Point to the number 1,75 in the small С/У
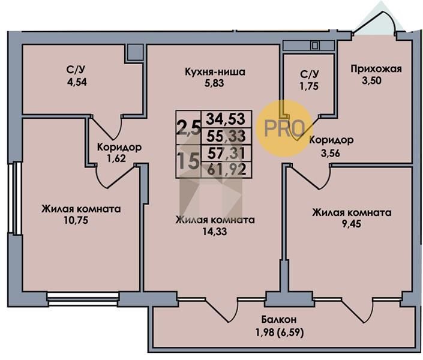[x=309, y=85]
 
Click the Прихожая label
[x=376, y=68]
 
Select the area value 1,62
[x=119, y=158]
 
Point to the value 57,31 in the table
[x=227, y=153]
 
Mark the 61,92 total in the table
[x=227, y=169]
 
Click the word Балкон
[x=280, y=319]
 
